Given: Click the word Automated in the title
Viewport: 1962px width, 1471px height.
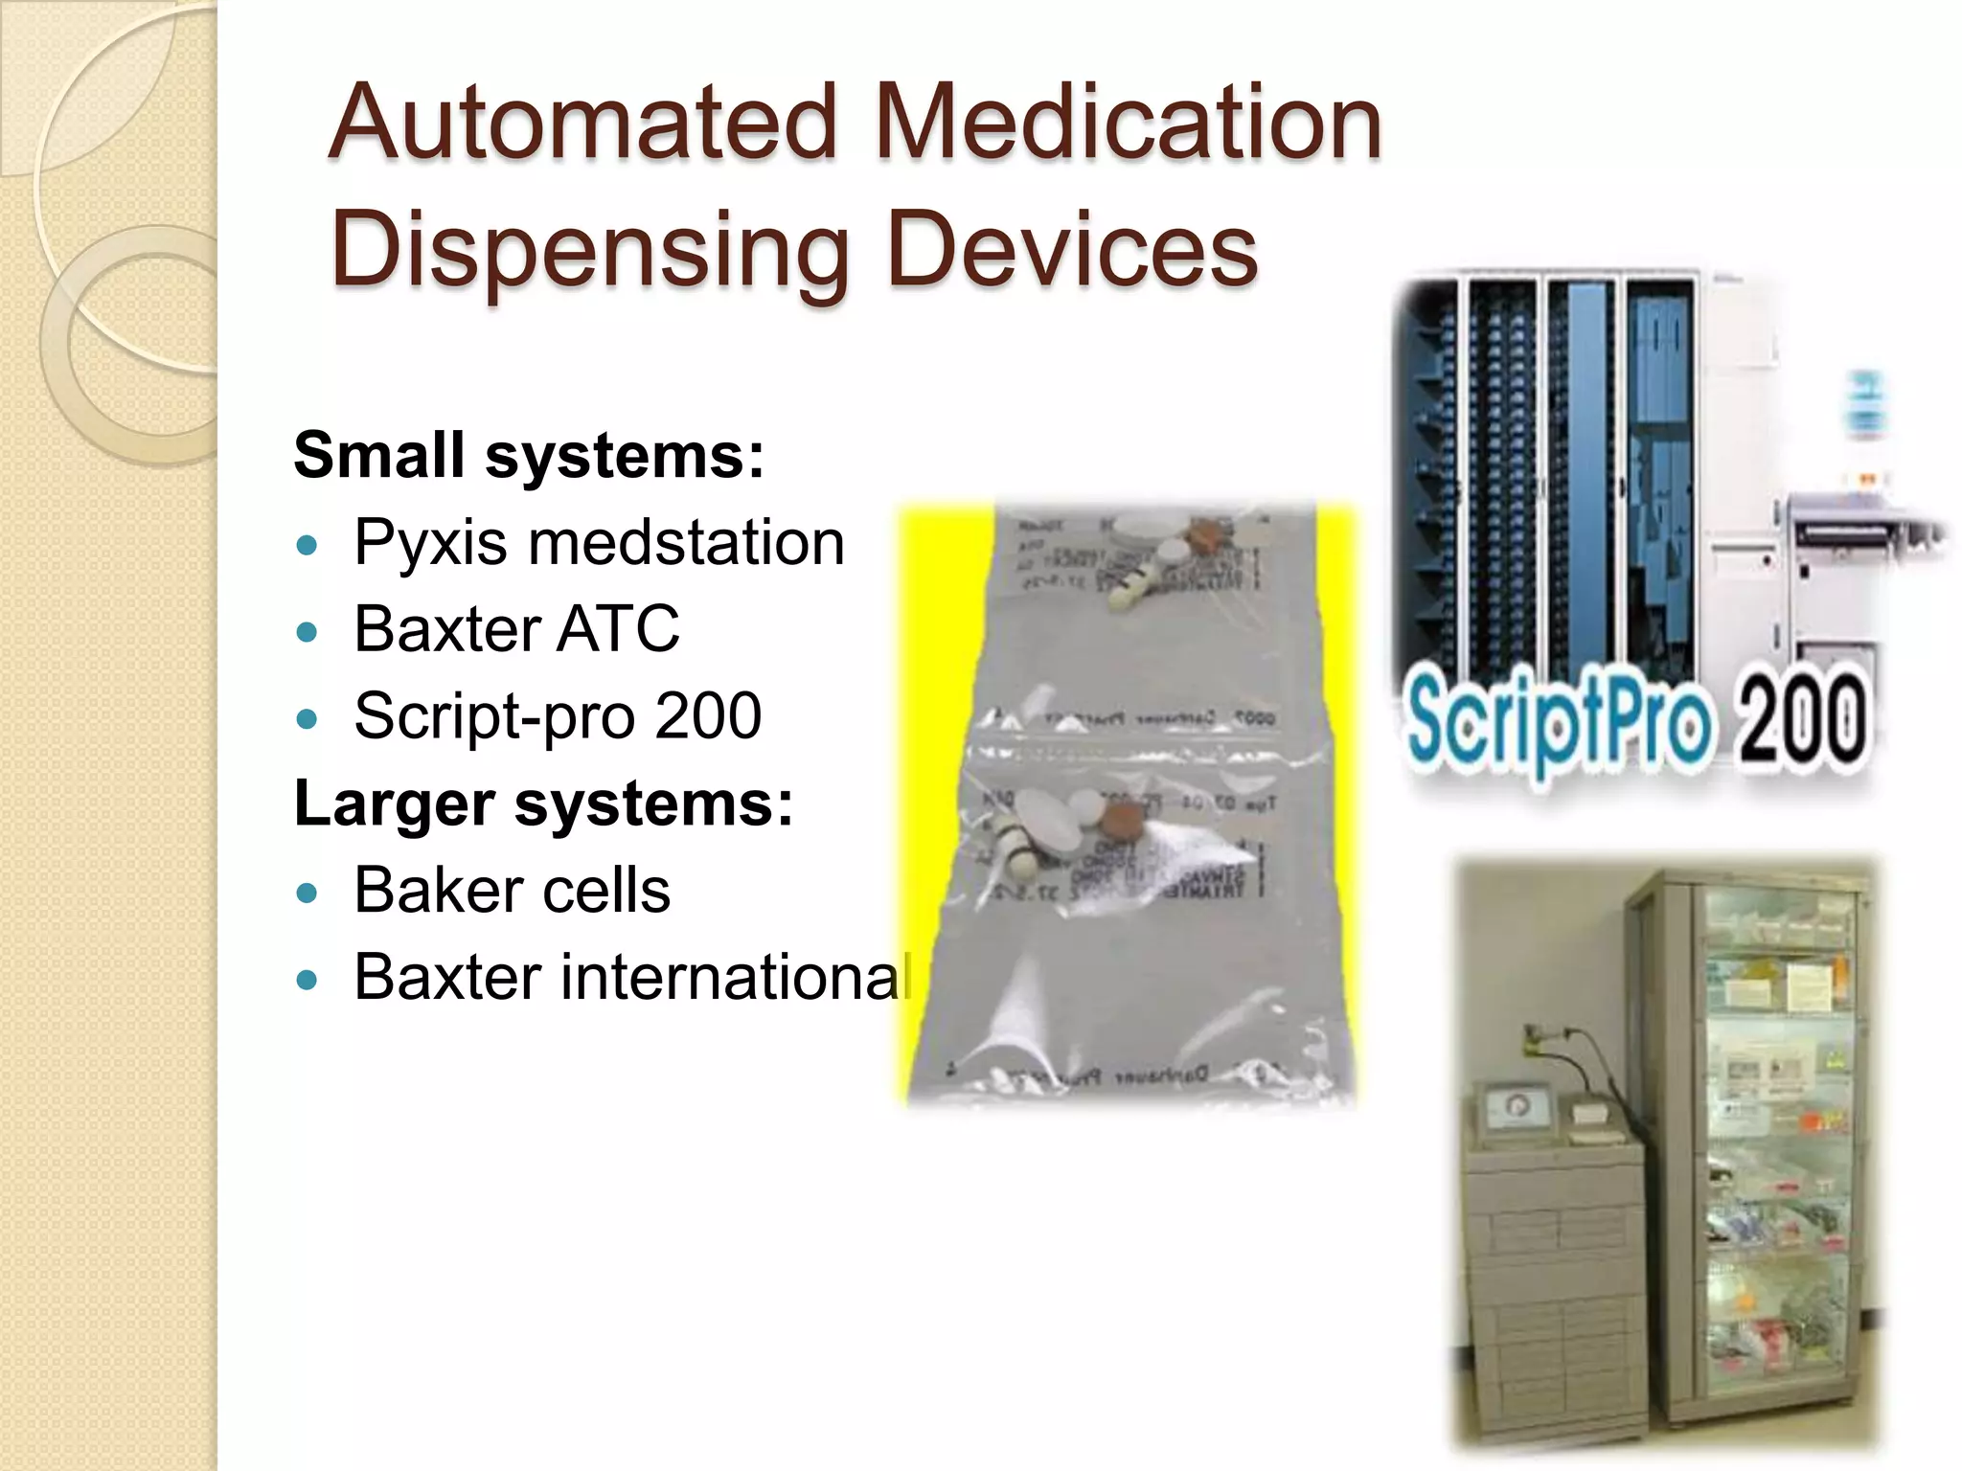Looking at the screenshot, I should pos(582,123).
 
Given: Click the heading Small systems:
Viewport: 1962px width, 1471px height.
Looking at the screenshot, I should pos(529,455).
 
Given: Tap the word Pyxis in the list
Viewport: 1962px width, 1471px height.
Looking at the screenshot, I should pos(430,543).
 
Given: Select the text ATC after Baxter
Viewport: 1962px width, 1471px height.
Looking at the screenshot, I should pos(618,629).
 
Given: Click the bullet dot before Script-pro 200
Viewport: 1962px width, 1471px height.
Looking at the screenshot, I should pos(307,718).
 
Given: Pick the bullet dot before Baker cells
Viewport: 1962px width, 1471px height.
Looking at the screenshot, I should pos(307,894).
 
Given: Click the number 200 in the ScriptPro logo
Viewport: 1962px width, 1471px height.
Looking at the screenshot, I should pos(1801,716).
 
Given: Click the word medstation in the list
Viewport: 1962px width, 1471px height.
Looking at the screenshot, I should pos(686,543).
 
